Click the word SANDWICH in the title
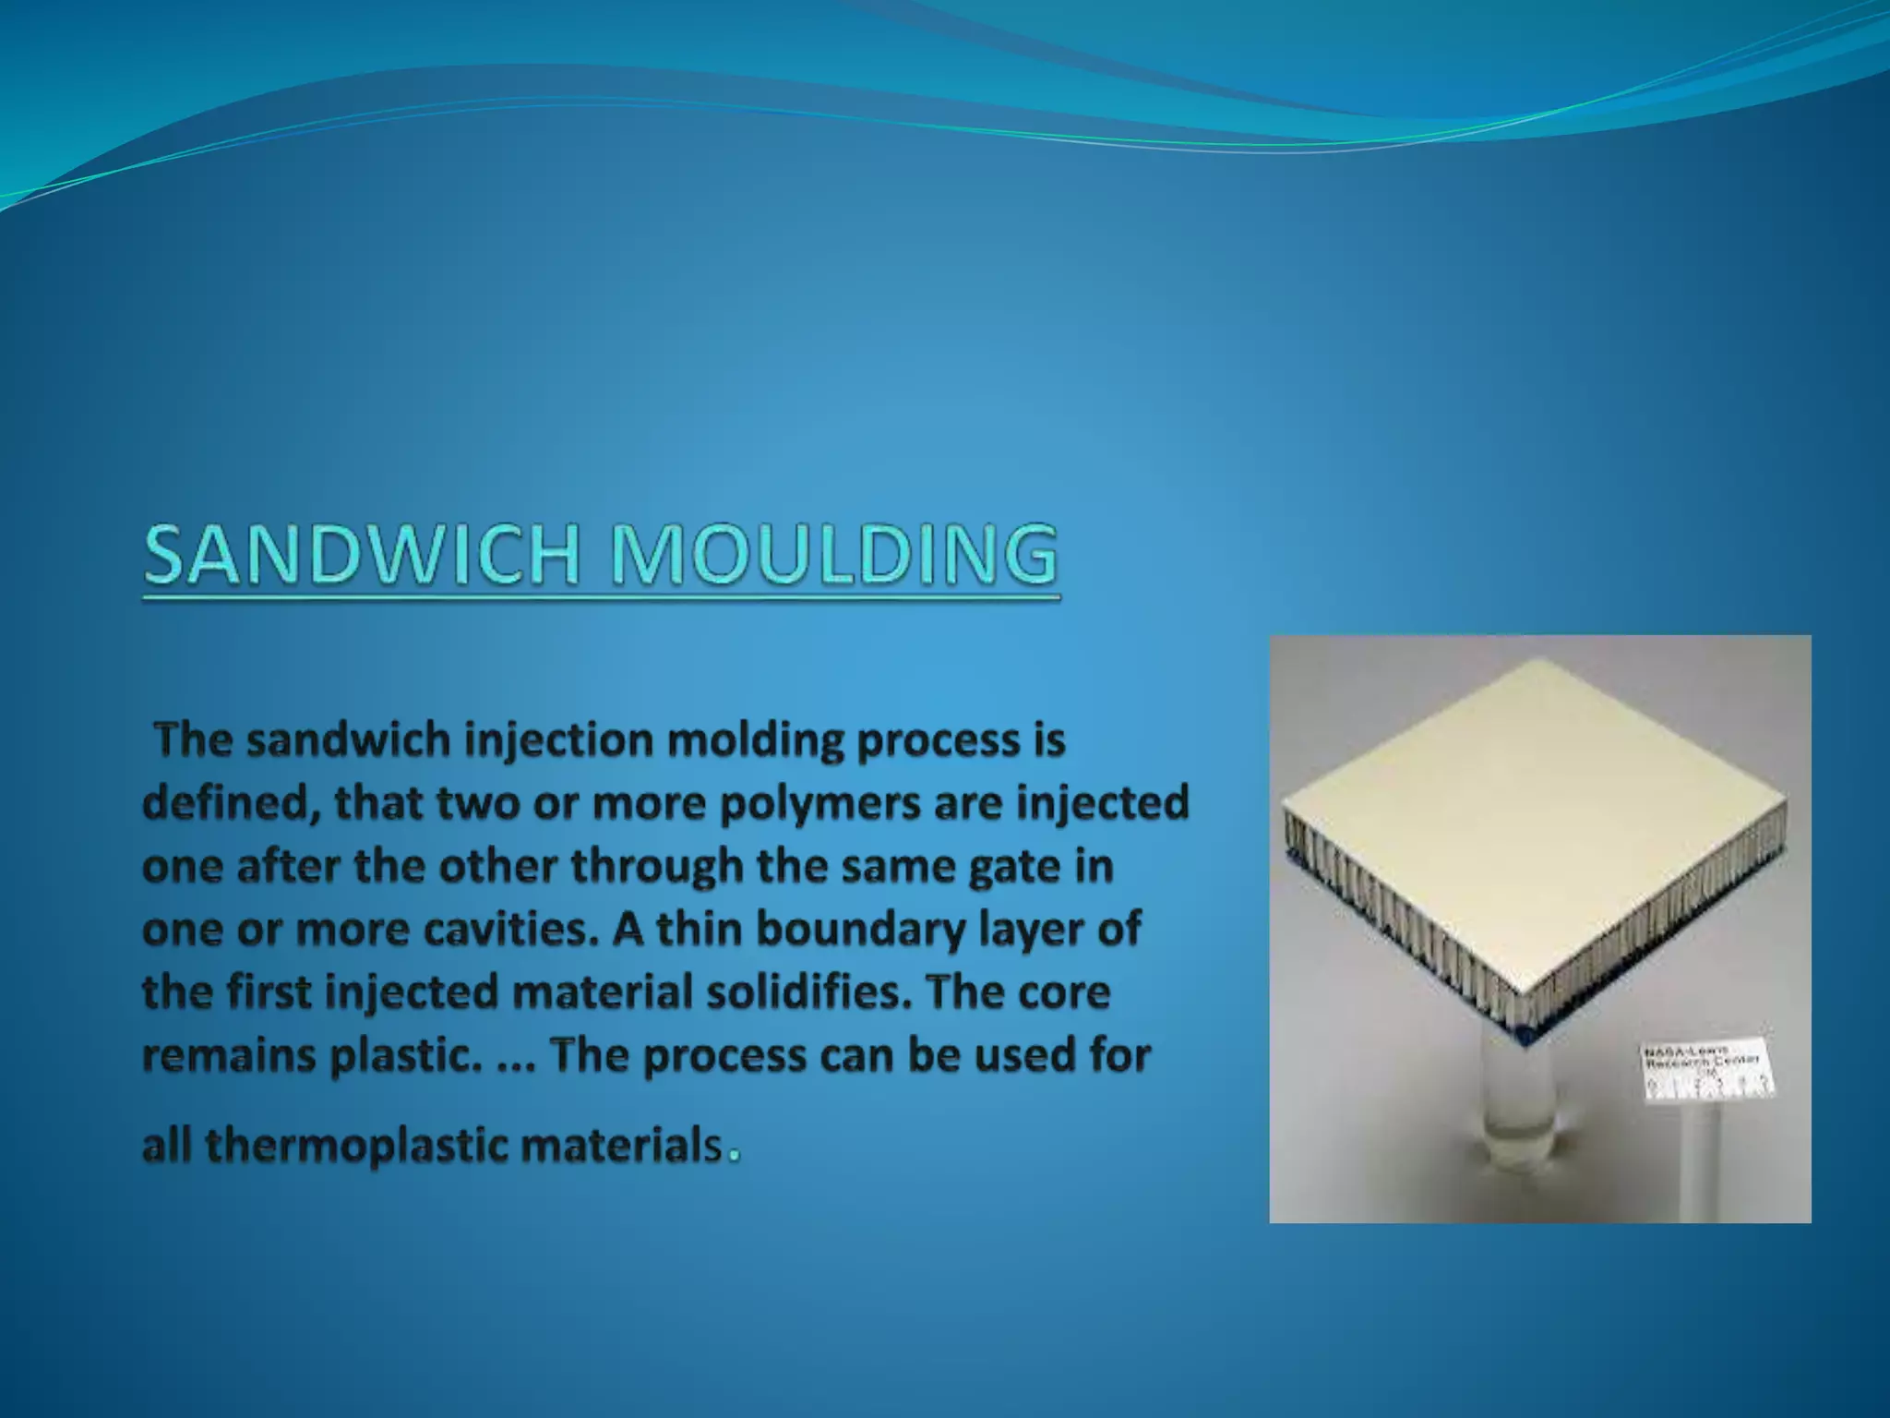361,555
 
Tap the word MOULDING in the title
834,555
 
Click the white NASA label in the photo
1707,1070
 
